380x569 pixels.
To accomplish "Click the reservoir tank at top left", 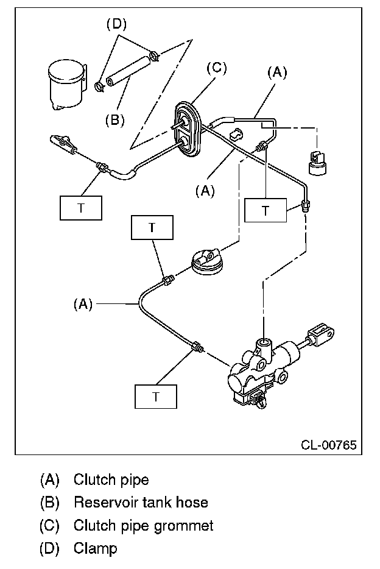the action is [67, 84].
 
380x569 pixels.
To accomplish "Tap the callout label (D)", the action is [116, 24].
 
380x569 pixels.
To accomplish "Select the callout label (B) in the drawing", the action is [115, 120].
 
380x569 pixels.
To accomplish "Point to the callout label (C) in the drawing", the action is [216, 68].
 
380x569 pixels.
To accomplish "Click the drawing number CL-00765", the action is [329, 445].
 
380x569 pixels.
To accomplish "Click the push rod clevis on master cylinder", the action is [320, 335].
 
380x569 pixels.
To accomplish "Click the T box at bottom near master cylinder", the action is [156, 397].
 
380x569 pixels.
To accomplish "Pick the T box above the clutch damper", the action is [152, 227].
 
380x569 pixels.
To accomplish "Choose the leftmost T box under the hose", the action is [81, 208].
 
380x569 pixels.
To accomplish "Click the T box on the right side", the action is [266, 210].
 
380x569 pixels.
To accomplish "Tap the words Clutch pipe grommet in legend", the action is [144, 526].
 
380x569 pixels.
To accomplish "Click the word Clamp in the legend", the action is [96, 548].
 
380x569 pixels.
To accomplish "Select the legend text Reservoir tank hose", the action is [141, 503].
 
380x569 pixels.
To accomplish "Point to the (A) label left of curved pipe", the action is [83, 304].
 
